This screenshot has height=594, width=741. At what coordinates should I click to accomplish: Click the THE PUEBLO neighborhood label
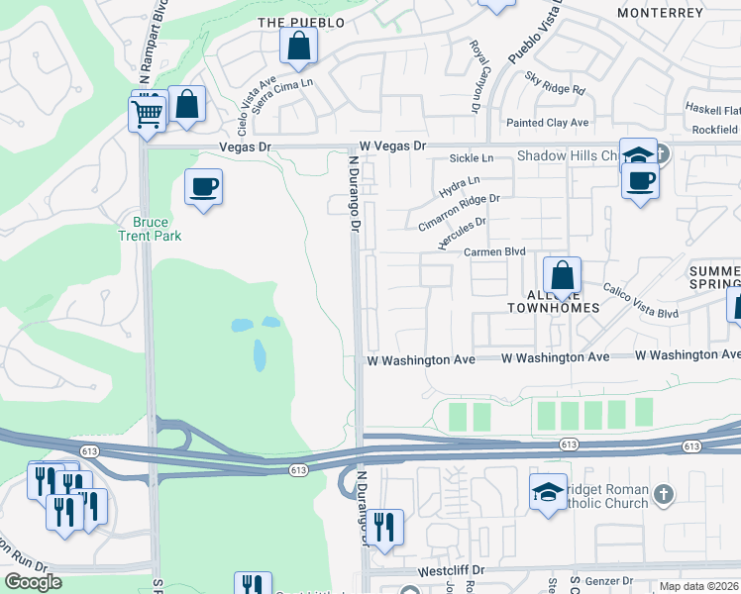(300, 22)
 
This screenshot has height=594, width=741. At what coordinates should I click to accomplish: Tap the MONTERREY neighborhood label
(659, 13)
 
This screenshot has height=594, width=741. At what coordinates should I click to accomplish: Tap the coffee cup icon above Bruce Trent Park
(203, 186)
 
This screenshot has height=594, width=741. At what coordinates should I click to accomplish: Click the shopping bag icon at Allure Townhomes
(562, 274)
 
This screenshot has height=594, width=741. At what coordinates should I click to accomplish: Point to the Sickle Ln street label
(471, 158)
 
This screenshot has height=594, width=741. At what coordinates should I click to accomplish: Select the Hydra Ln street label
(460, 182)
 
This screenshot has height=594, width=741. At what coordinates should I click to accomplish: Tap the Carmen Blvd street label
(494, 252)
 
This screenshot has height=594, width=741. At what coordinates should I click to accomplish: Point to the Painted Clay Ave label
(547, 123)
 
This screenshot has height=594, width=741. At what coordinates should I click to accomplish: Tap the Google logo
(33, 582)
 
